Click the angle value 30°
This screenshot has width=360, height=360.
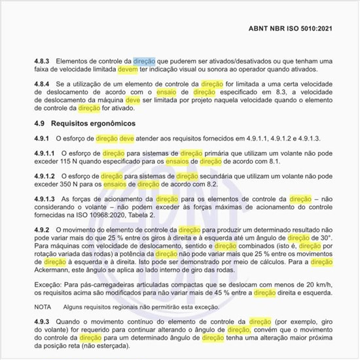[x=325, y=239]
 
